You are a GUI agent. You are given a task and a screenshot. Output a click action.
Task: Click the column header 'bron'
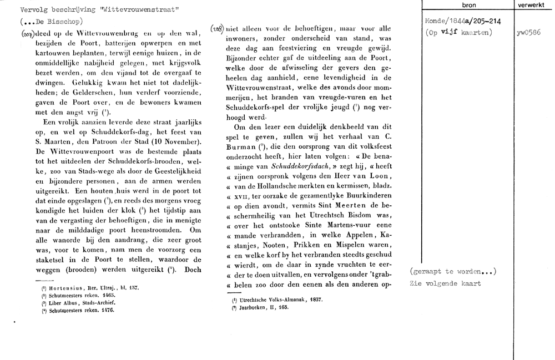point(468,4)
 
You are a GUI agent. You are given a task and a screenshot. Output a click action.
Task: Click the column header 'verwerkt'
point(532,4)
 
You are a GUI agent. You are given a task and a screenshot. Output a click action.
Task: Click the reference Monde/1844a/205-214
point(461,21)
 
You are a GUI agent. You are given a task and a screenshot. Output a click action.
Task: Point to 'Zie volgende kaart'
point(446,283)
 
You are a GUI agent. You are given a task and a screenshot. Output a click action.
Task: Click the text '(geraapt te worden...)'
point(453,271)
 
